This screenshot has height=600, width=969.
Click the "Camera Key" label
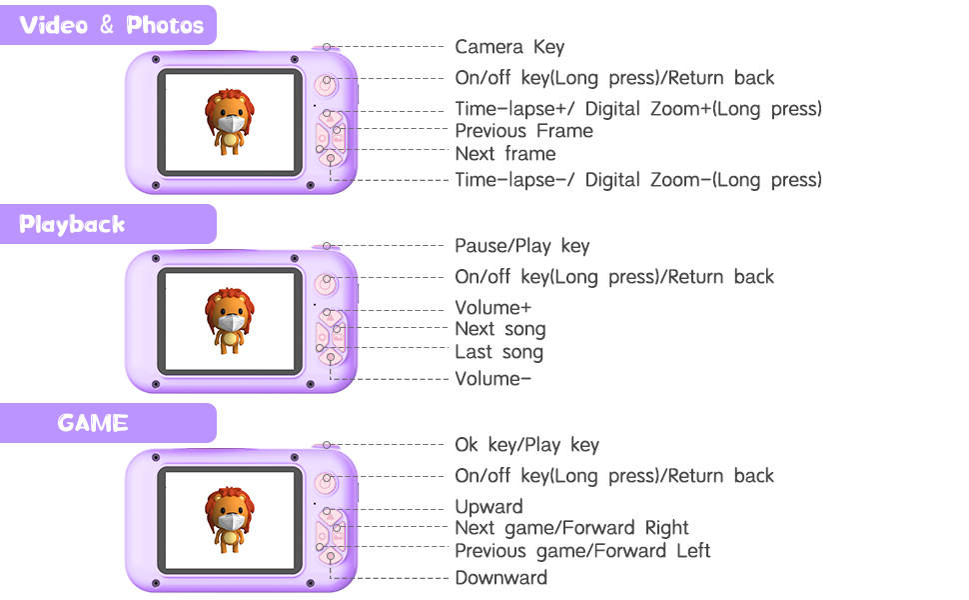509,47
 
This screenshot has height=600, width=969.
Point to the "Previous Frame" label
523,131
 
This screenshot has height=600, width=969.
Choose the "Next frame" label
504,153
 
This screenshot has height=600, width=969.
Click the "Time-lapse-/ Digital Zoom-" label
637,180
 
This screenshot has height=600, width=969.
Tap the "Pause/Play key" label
522,246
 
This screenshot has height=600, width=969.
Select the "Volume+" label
492,307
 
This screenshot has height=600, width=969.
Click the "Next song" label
499,329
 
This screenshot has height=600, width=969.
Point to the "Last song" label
498,352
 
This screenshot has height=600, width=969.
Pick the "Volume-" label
492,379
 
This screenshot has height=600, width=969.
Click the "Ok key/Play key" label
526,445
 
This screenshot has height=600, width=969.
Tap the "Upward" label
488,507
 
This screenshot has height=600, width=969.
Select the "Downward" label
500,578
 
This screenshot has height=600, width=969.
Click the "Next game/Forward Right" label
571,528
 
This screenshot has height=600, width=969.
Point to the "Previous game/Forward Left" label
582,551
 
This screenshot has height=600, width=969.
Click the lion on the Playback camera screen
230,321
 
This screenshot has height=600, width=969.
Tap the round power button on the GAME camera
326,482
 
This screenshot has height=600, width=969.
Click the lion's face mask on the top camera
231,124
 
